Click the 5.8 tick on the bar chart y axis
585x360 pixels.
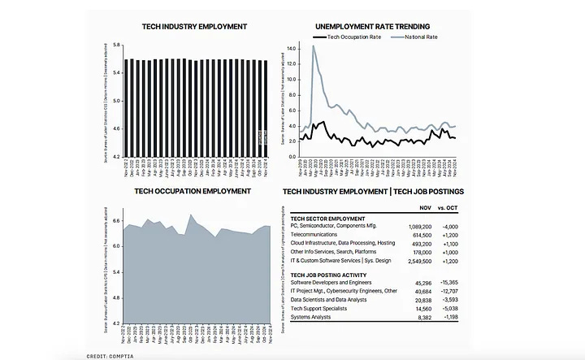coord(117,45)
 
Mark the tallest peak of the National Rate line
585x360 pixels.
coord(313,46)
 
